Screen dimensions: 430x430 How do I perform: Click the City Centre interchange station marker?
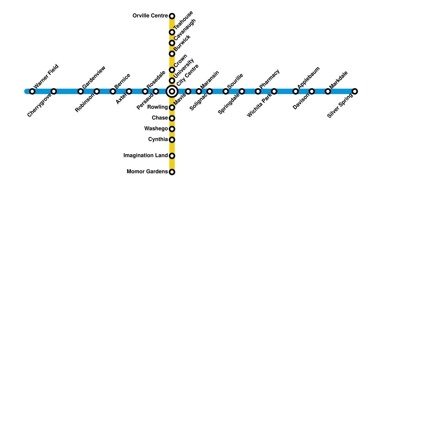(x=172, y=91)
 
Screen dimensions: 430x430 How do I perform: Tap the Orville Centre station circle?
(x=172, y=16)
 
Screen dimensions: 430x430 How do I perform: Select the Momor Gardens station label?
(x=147, y=172)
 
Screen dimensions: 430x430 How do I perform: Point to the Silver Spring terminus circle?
(x=355, y=91)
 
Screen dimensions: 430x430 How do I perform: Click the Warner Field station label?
(x=46, y=76)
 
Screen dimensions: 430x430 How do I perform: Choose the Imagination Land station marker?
(x=172, y=156)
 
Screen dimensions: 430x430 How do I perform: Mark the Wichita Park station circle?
(x=274, y=91)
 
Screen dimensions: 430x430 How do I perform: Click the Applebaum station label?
(x=309, y=77)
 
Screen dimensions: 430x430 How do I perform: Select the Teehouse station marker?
(x=172, y=32)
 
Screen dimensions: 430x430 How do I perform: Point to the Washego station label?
(x=156, y=129)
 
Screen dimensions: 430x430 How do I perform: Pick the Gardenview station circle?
(x=81, y=91)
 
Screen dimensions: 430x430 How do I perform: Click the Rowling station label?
(x=157, y=107)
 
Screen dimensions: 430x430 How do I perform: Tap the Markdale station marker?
(x=328, y=91)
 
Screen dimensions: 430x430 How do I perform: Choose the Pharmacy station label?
(x=270, y=79)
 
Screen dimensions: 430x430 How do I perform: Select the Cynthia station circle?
(x=172, y=140)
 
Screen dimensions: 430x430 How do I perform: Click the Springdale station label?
(x=229, y=104)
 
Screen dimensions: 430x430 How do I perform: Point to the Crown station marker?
(x=172, y=70)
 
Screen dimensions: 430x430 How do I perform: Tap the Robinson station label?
(x=85, y=103)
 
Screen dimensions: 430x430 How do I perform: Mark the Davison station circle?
(x=312, y=91)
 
